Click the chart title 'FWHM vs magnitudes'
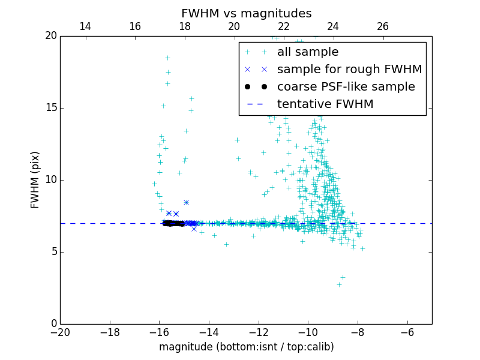tap(246, 13)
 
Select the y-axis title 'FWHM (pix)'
tap(35, 179)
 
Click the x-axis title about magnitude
tap(246, 347)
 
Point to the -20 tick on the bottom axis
tap(60, 332)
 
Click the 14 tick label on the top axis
tap(85, 26)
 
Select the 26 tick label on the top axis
tap(382, 26)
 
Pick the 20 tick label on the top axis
tap(234, 26)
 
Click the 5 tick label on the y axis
tap(53, 252)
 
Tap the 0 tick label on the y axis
tap(53, 324)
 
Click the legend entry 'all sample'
tap(308, 52)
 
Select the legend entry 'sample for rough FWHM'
tap(349, 70)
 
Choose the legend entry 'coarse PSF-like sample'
tap(346, 87)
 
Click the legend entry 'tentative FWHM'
tap(325, 104)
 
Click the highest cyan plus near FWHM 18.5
tap(167, 58)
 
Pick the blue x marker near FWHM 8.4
tap(186, 203)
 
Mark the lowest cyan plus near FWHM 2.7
tap(339, 284)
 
